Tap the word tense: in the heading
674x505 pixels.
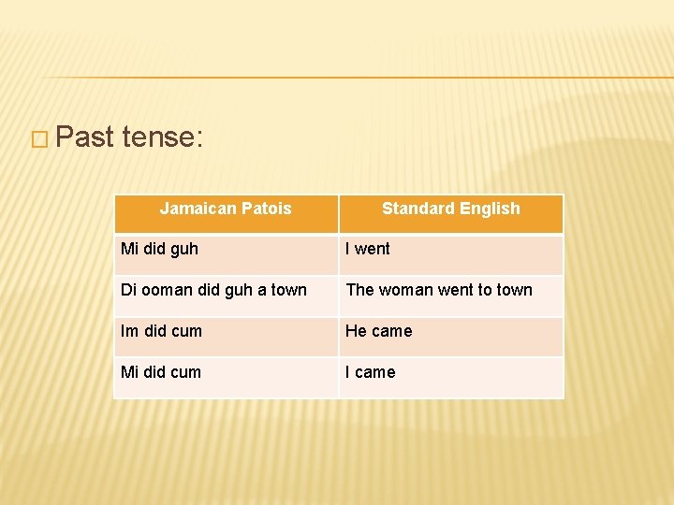pyautogui.click(x=162, y=138)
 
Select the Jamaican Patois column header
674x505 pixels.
pyautogui.click(x=226, y=209)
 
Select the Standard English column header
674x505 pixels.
pyautogui.click(x=450, y=209)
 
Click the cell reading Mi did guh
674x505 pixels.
pyautogui.click(x=159, y=249)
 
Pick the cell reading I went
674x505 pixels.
pyautogui.click(x=368, y=249)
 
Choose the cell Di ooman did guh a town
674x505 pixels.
pyautogui.click(x=213, y=290)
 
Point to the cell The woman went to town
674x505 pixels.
pyautogui.click(x=439, y=290)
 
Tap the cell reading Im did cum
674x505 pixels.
pyautogui.click(x=161, y=331)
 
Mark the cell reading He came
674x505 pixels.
pyautogui.click(x=378, y=331)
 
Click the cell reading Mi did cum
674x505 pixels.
pyautogui.click(x=161, y=372)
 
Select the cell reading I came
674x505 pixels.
pyautogui.click(x=371, y=372)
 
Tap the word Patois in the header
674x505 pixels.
pyautogui.click(x=267, y=209)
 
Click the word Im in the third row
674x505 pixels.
pyautogui.click(x=129, y=331)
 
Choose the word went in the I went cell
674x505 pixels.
pyautogui.click(x=373, y=249)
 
